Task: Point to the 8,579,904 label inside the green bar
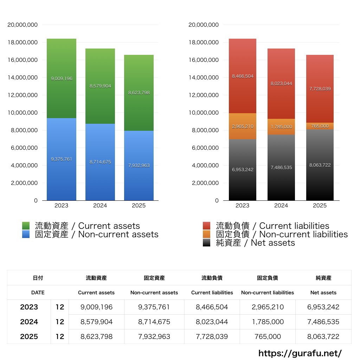(100, 86)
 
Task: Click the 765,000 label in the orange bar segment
(320, 126)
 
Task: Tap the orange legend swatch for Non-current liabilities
(207, 234)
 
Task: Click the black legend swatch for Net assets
(207, 243)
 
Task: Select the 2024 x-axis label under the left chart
(100, 206)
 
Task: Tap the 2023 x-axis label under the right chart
(243, 206)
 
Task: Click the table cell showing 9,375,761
(154, 307)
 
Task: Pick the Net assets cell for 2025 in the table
(323, 336)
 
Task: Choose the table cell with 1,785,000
(267, 322)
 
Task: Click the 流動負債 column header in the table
(212, 278)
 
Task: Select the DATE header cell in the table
(38, 292)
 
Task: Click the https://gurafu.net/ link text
(300, 353)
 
